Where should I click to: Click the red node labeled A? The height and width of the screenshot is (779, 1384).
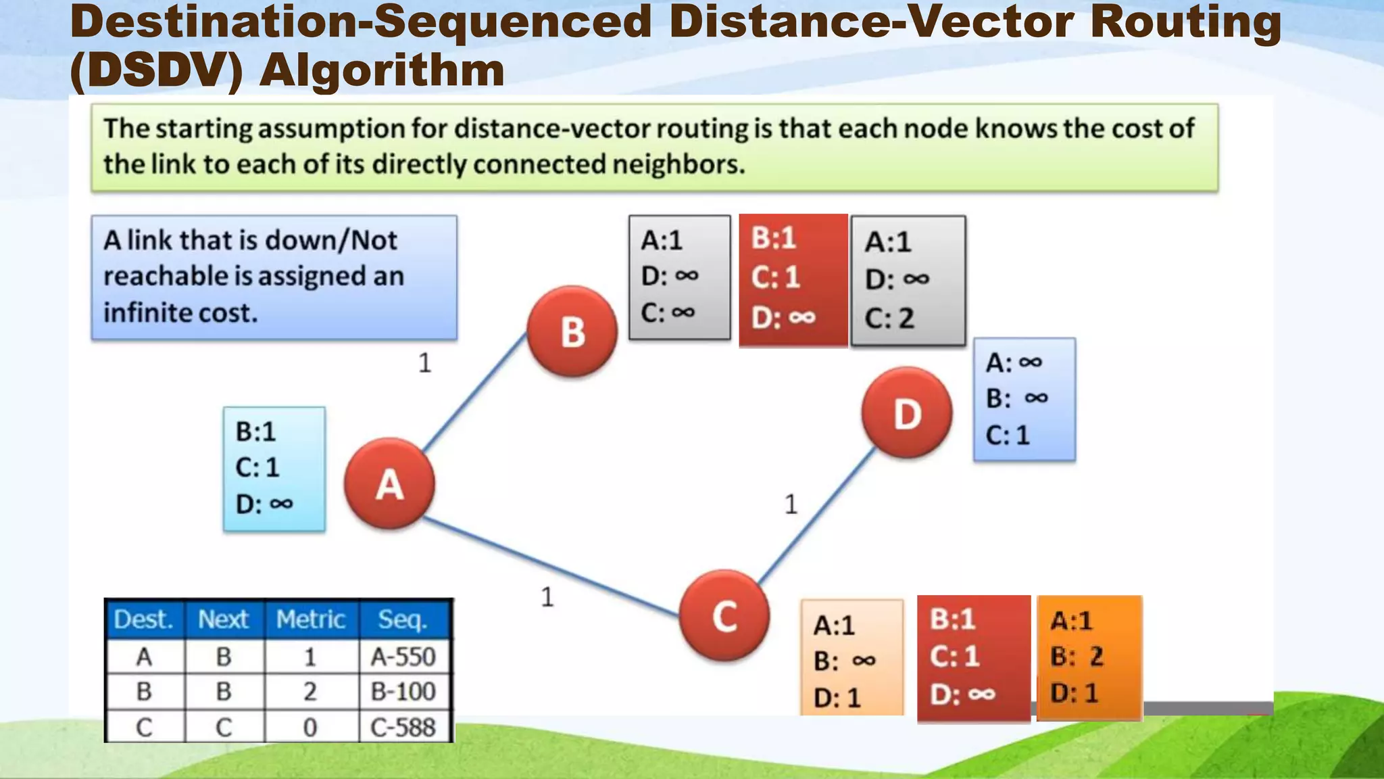[x=389, y=483]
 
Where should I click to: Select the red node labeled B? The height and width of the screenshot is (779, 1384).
[x=572, y=331]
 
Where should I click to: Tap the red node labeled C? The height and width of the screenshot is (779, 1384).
[x=724, y=615]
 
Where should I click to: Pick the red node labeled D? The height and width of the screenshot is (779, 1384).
[x=907, y=412]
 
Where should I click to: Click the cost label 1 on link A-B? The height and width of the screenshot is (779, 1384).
[x=424, y=363]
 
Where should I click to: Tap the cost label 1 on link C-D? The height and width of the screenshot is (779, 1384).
[x=791, y=504]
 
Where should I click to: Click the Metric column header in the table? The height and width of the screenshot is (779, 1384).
[x=311, y=619]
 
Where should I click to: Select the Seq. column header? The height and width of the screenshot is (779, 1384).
[x=403, y=619]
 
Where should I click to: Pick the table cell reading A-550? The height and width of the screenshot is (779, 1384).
[x=403, y=657]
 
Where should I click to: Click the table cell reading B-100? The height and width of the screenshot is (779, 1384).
[x=403, y=692]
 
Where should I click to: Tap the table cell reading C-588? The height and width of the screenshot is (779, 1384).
[x=403, y=728]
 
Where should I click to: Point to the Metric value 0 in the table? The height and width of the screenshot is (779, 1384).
[x=310, y=728]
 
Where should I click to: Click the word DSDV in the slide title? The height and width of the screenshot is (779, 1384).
[x=155, y=70]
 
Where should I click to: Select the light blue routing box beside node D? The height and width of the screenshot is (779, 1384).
[x=1024, y=400]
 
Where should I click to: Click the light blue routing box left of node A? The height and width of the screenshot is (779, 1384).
[x=274, y=469]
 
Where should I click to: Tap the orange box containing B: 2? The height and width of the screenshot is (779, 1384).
[x=1089, y=657]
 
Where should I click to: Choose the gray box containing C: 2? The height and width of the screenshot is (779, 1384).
[x=908, y=281]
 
